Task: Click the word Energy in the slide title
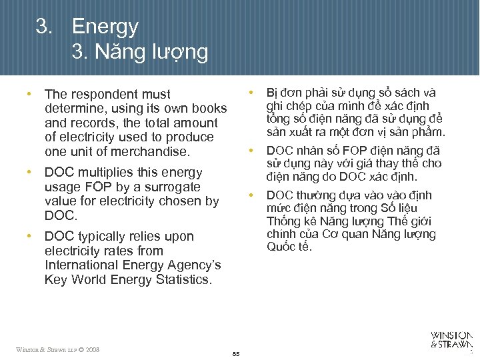pyautogui.click(x=105, y=27)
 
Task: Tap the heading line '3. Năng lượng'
pyautogui.click(x=140, y=51)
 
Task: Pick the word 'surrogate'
pyautogui.click(x=173, y=187)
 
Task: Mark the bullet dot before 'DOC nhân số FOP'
pyautogui.click(x=251, y=149)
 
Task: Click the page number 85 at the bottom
pyautogui.click(x=236, y=353)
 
